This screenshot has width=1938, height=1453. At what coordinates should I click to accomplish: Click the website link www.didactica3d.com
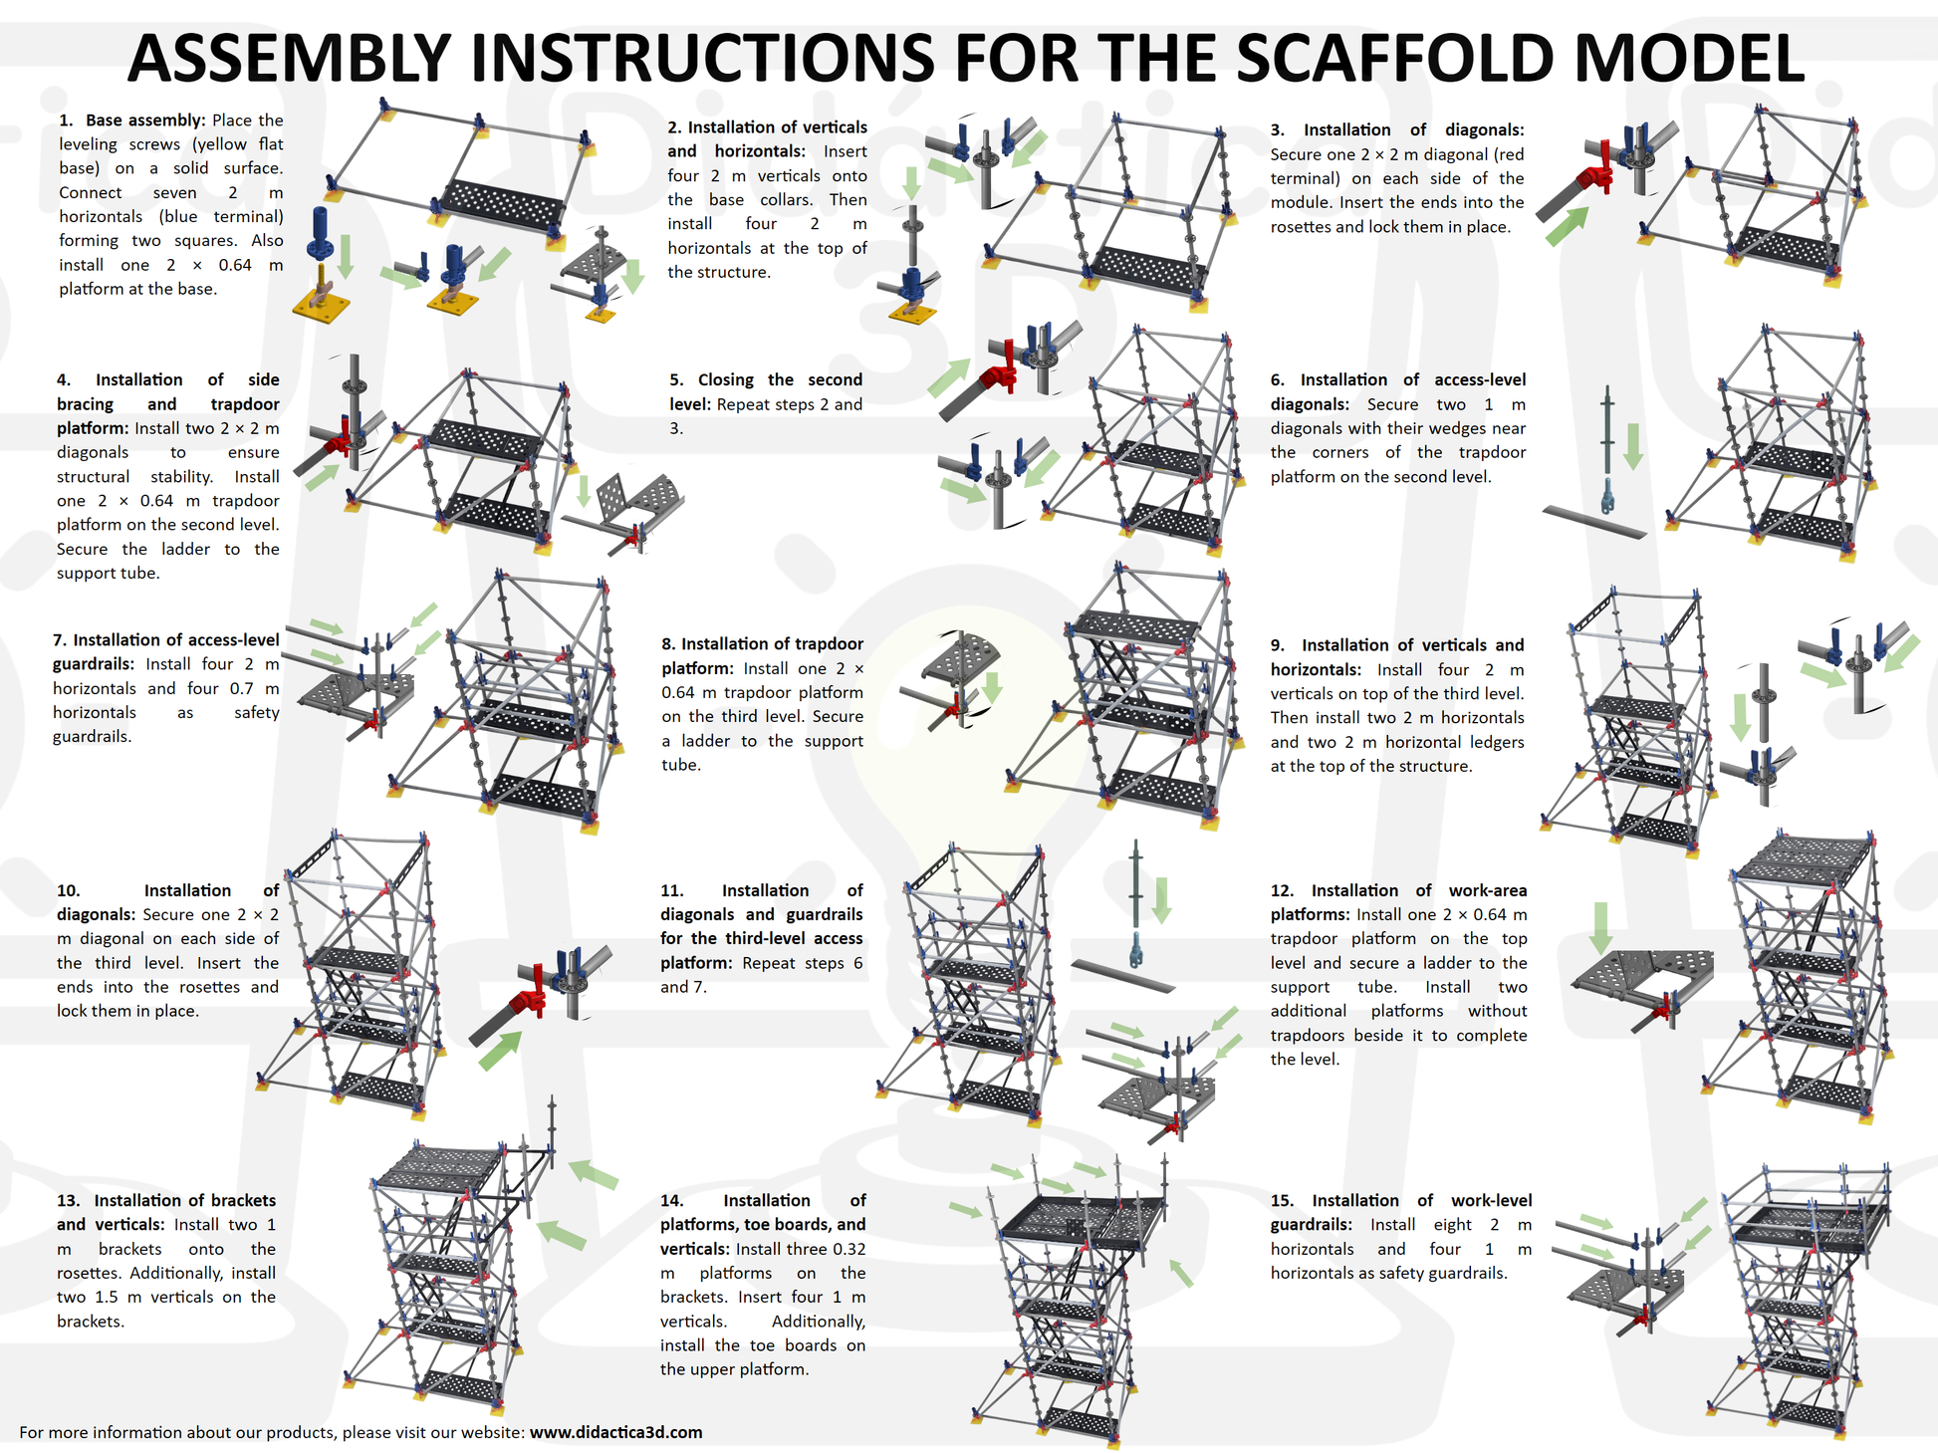click(x=615, y=1432)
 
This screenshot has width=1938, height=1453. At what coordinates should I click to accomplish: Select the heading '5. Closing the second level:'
click(x=765, y=391)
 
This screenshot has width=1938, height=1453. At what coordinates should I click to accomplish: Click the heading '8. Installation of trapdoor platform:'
click(x=762, y=656)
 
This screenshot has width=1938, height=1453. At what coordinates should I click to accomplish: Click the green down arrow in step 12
click(x=1600, y=927)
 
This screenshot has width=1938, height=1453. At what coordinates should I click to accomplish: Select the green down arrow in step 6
click(x=1633, y=446)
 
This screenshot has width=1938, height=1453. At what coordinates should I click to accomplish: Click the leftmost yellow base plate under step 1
click(x=321, y=307)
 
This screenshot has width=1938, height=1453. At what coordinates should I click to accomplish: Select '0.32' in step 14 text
click(x=848, y=1249)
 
